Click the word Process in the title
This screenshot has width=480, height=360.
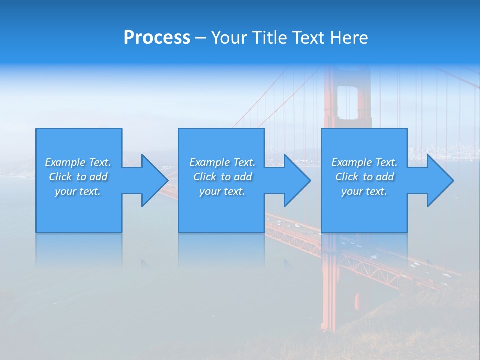tap(157, 38)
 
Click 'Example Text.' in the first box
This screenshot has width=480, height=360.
tap(78, 162)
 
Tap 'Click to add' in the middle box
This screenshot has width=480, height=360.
tap(222, 177)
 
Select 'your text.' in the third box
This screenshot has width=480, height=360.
tap(364, 191)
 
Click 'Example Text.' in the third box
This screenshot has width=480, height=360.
tap(364, 162)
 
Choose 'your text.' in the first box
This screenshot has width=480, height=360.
tap(78, 191)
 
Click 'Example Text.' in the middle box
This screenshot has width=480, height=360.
tap(222, 162)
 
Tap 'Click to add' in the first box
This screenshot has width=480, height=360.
tap(78, 177)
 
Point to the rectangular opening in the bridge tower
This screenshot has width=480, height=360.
tap(347, 102)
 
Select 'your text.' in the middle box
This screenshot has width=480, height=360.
tap(222, 191)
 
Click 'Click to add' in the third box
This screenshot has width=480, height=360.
tap(364, 177)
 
